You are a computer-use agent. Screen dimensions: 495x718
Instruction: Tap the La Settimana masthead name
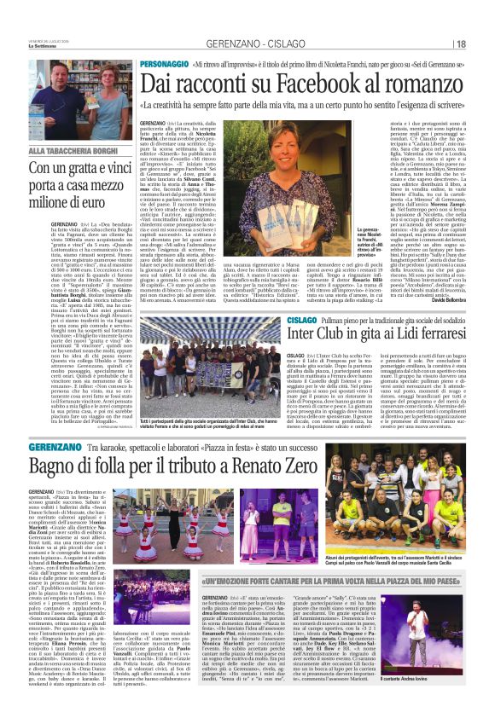click(42, 46)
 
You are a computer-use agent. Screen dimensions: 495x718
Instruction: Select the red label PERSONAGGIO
click(166, 66)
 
